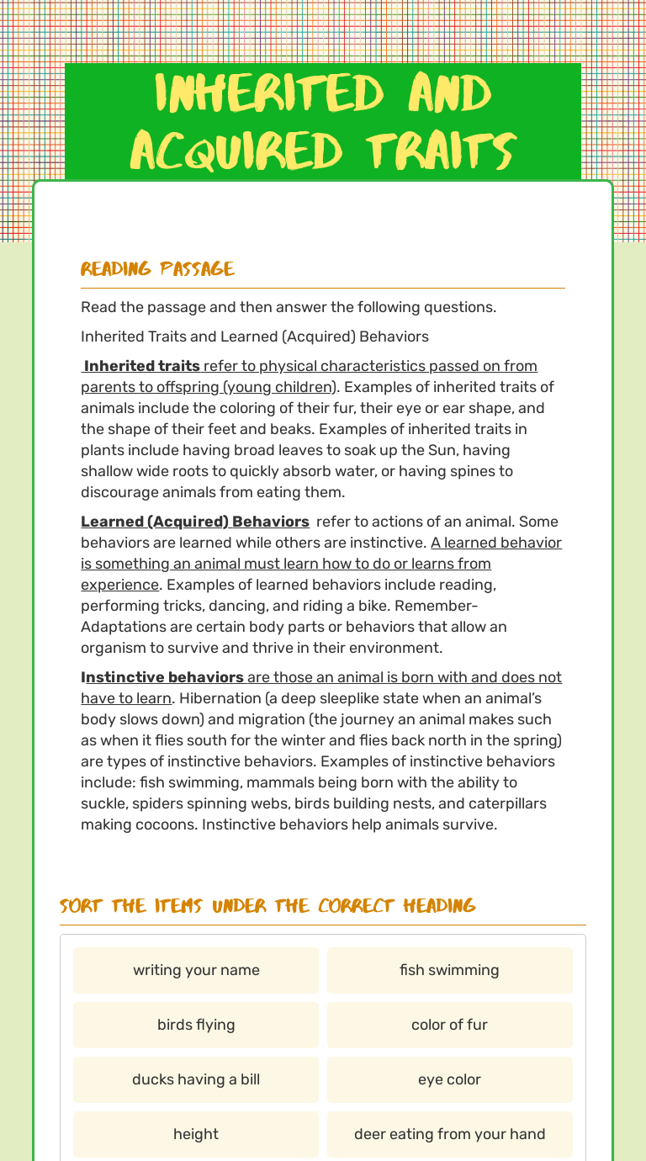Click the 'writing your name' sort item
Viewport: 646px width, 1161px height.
[x=196, y=970]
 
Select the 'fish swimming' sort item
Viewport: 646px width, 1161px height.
[x=449, y=970]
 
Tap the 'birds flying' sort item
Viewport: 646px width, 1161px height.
[x=196, y=1025]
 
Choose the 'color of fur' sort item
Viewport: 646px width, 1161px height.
[x=449, y=1025]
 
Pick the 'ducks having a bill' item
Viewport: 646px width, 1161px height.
[x=196, y=1079]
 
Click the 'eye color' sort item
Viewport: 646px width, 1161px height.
[x=449, y=1079]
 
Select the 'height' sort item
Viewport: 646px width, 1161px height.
[x=196, y=1134]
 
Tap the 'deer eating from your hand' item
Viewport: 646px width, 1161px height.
[x=449, y=1134]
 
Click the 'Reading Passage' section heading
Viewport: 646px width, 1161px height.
[x=157, y=269]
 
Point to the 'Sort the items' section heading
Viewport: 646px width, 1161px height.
[x=267, y=906]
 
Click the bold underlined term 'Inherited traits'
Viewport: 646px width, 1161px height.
[x=142, y=366]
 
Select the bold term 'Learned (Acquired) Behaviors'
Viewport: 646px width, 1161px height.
[x=195, y=522]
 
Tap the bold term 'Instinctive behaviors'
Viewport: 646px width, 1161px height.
[x=162, y=677]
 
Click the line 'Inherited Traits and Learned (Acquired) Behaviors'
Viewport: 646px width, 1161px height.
[x=255, y=337]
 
